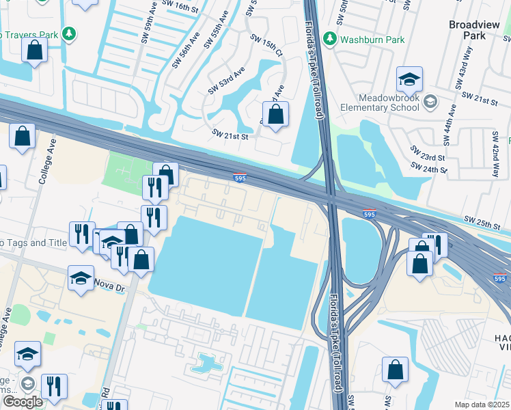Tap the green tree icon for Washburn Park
(330, 38)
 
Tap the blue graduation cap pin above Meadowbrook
(409, 81)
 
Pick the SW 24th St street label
(428, 167)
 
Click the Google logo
(23, 401)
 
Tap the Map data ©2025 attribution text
(482, 405)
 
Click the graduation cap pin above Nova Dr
(81, 278)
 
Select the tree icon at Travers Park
(68, 33)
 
